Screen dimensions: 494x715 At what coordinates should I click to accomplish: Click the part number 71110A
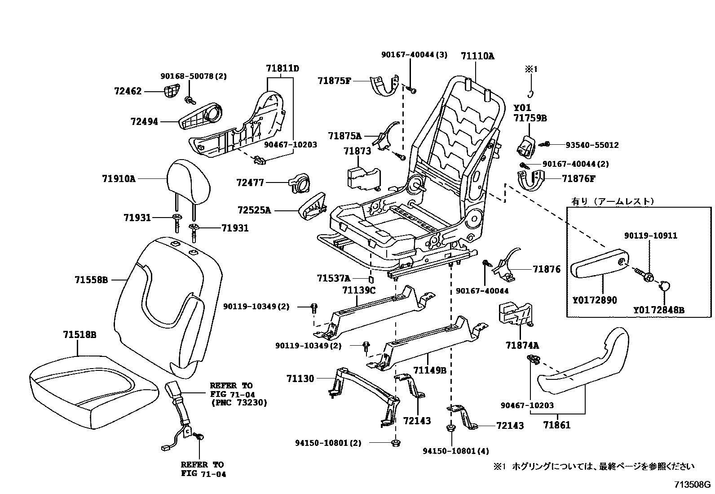click(x=477, y=56)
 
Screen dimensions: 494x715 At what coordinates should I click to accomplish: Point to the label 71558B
click(x=91, y=280)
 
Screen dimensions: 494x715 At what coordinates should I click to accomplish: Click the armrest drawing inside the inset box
click(x=600, y=266)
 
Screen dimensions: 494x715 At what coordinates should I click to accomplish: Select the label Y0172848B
click(x=659, y=310)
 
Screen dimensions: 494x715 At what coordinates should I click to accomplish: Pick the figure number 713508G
click(x=692, y=485)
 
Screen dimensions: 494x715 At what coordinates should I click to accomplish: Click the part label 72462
click(x=127, y=91)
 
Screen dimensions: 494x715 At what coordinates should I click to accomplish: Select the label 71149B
click(x=429, y=370)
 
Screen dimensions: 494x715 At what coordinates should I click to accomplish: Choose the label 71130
click(x=300, y=379)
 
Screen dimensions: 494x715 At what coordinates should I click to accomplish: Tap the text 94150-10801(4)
click(x=455, y=451)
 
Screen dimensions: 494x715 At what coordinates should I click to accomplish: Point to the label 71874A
click(x=522, y=346)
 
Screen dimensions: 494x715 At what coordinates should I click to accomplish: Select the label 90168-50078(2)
click(x=194, y=76)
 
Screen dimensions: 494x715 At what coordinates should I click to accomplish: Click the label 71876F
click(x=578, y=178)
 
